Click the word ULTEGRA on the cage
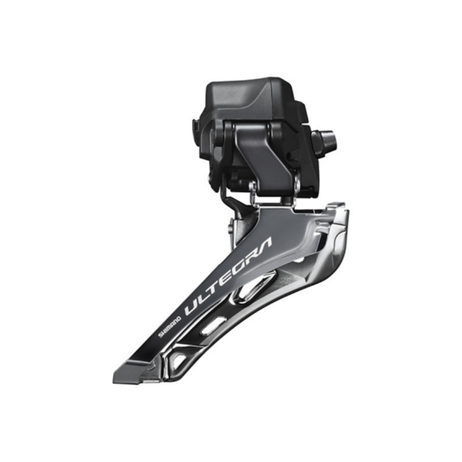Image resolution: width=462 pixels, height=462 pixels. pos(229,275)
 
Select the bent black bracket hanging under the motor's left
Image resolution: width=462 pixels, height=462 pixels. pos(229,200)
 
